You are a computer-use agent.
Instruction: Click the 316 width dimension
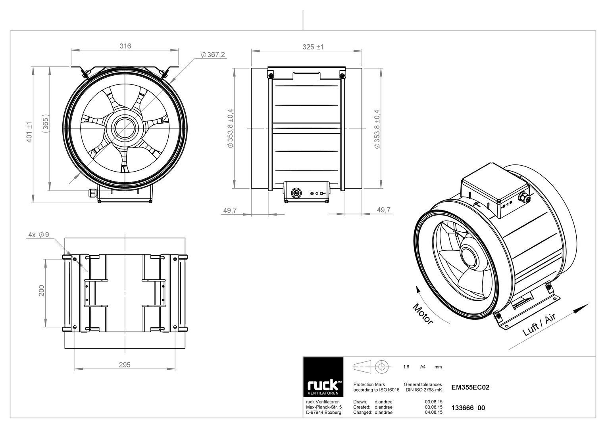click(x=125, y=46)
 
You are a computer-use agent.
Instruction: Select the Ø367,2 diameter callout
click(x=213, y=55)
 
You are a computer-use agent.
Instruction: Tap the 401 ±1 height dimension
click(x=29, y=132)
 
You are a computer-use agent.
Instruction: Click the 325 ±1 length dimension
click(x=313, y=47)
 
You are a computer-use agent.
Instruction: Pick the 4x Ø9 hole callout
click(x=38, y=235)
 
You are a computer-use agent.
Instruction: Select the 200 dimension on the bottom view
click(x=41, y=291)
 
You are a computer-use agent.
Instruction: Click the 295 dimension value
click(x=125, y=365)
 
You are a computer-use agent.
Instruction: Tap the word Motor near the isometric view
click(x=423, y=314)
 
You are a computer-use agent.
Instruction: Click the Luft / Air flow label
click(x=539, y=325)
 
